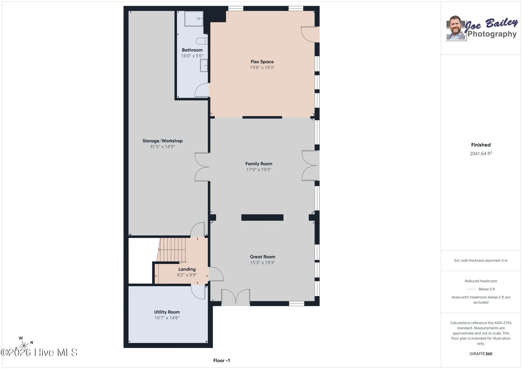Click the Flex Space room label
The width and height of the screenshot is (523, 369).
click(x=262, y=62)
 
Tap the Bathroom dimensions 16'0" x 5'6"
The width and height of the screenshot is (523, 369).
click(x=192, y=56)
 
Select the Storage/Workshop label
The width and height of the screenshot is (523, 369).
click(x=162, y=141)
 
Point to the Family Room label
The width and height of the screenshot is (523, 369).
click(x=259, y=164)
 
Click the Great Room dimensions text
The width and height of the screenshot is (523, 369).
click(x=263, y=263)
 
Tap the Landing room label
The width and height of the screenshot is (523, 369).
click(x=187, y=269)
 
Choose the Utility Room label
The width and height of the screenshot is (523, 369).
click(x=167, y=312)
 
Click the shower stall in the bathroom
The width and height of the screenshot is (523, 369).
click(x=194, y=19)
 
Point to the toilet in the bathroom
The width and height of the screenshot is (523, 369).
click(x=202, y=41)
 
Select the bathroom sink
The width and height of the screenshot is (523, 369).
click(x=204, y=65)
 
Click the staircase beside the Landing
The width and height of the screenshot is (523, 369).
click(x=171, y=250)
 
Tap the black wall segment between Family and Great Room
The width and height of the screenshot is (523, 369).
click(x=262, y=217)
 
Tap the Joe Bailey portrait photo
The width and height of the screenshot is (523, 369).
click(x=456, y=28)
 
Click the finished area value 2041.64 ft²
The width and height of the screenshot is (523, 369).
click(x=481, y=153)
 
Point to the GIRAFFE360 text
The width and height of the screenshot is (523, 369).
click(x=481, y=354)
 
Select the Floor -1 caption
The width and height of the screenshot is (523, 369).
click(x=222, y=360)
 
